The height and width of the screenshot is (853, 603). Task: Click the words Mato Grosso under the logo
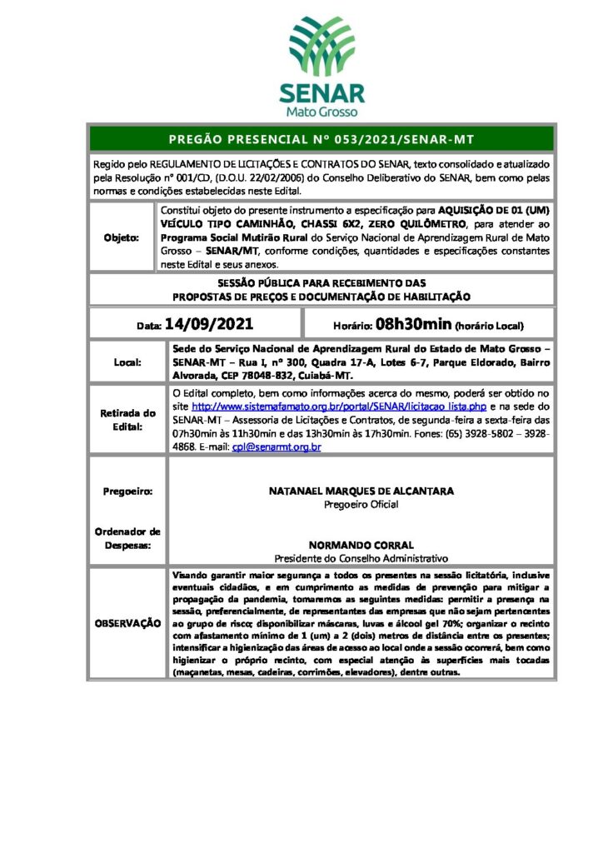pos(321,112)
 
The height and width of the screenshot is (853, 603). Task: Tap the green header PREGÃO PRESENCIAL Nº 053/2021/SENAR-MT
pos(321,138)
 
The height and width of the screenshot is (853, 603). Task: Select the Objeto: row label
pos(122,237)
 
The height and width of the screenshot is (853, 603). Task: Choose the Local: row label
pos(127,362)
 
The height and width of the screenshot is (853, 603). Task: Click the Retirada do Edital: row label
pos(127,419)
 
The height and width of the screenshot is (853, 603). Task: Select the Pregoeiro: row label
pos(127,491)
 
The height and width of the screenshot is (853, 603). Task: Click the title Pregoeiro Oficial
pos(361,504)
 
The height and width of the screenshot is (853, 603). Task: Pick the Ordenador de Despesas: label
pos(127,538)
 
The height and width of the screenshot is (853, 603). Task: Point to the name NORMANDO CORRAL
pos(361,545)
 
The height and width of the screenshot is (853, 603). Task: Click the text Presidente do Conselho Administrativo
pos(361,557)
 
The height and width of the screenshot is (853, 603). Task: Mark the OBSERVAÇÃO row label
pos(127,623)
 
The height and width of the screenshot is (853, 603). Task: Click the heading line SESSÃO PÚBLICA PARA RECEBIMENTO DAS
pos(321,284)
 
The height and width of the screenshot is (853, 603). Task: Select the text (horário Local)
pos(488,325)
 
